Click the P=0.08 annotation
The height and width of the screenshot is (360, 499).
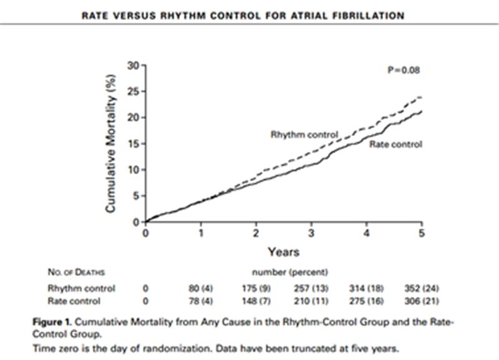pos(404,71)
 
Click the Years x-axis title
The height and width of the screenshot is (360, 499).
pos(284,252)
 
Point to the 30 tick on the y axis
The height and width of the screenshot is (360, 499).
pos(133,65)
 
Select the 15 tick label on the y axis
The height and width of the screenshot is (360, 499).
pos(133,144)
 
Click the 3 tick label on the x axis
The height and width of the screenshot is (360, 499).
pos(311,233)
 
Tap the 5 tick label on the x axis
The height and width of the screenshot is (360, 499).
pos(422,233)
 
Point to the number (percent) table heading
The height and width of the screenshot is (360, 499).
pos(289,273)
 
